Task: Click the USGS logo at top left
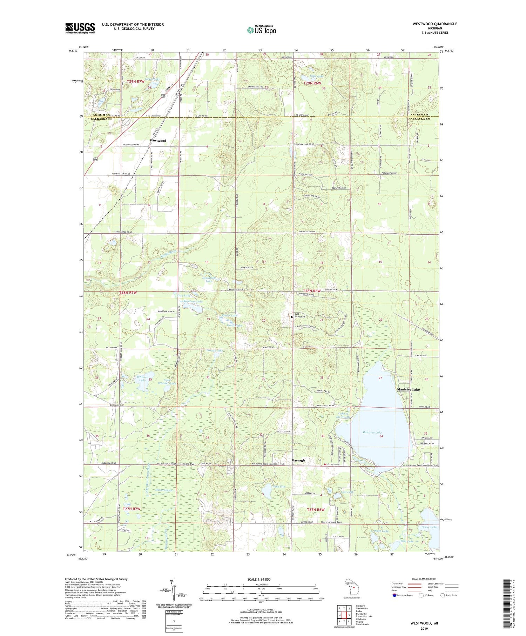point(80,28)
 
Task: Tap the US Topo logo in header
point(261,30)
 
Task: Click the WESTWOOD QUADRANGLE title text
point(435,24)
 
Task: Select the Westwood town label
point(158,141)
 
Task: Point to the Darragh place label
point(298,460)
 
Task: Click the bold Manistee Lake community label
point(408,389)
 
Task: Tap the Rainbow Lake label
point(193,301)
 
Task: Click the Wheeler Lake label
point(142,379)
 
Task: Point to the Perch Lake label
point(381,531)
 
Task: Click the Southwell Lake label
point(209,280)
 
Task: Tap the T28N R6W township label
point(312,291)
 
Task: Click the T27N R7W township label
point(131,509)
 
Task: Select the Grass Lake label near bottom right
point(429,527)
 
